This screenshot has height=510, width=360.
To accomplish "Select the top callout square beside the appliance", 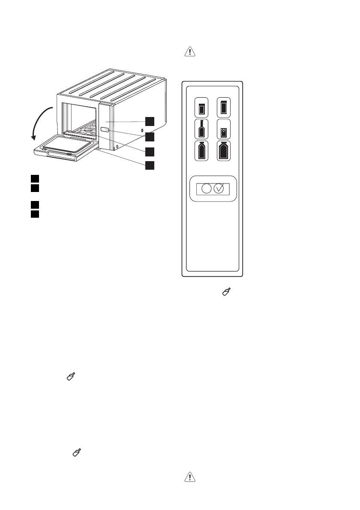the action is point(149,121).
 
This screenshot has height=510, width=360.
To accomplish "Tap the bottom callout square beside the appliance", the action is point(149,165).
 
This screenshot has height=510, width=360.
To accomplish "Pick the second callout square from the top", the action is point(149,137).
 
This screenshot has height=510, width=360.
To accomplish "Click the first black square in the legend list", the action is point(35,177).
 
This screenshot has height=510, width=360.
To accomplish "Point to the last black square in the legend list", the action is point(35,213).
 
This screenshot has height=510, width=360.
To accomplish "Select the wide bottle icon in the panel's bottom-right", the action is point(223,151).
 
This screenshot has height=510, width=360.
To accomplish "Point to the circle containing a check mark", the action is point(219,189).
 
